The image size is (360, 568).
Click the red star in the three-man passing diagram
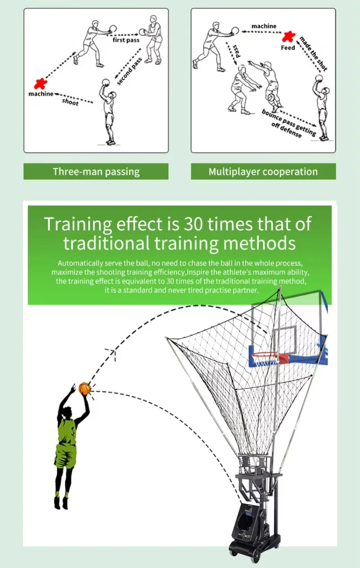coord(40,83)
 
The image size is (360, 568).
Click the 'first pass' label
coord(126,40)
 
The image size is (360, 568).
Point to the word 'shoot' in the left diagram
coord(70,102)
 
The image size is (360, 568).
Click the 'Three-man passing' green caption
coord(96,171)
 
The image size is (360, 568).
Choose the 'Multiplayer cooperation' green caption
coord(263,171)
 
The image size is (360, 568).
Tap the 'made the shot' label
coord(313,54)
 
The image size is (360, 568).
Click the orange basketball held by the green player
coord(85,388)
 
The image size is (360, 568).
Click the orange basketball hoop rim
coord(265,355)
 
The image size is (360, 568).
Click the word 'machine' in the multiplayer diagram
coord(264,26)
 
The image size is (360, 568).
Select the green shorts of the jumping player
coord(65,455)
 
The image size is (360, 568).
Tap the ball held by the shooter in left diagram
coord(106,82)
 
